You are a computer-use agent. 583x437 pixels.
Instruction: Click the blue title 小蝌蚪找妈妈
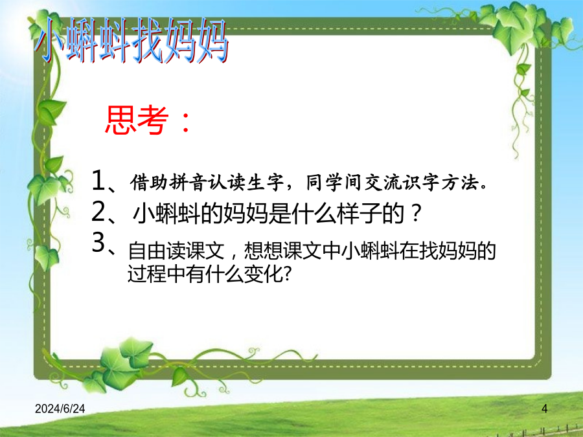132,40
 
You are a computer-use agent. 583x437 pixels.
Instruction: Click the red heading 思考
137,120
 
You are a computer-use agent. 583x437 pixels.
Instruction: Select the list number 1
98,180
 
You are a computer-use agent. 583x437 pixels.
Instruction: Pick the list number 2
98,212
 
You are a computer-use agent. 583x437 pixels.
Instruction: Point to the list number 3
98,242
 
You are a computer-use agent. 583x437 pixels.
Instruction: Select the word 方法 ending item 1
460,182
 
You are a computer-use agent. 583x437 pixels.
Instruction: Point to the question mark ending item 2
417,213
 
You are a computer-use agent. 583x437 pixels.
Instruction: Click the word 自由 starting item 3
147,251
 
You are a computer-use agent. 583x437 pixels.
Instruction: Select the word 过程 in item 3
147,275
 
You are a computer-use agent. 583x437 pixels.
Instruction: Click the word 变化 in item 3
263,275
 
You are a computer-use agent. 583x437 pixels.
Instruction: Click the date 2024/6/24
60,409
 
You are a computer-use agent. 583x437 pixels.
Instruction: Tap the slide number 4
544,409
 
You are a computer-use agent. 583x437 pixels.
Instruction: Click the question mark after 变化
287,275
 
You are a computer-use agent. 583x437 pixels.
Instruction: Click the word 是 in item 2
280,213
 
